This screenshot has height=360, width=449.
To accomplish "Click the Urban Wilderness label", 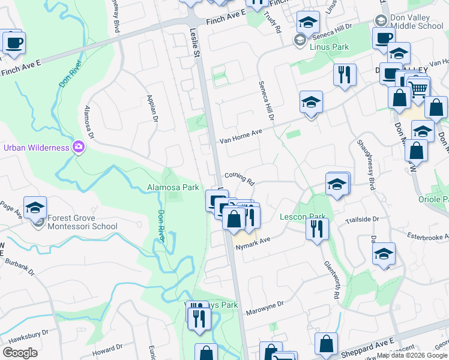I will click(36, 148).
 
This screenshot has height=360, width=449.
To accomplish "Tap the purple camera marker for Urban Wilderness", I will click(79, 147).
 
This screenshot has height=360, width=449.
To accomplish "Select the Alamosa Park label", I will click(173, 187).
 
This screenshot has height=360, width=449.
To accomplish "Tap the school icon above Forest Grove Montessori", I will click(35, 208).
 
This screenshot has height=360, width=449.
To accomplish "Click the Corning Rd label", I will click(240, 178).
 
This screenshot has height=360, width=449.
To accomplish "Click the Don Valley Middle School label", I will click(417, 22).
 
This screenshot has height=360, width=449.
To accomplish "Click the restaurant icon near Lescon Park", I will click(316, 228).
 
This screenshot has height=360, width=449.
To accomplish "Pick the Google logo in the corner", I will click(20, 353).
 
